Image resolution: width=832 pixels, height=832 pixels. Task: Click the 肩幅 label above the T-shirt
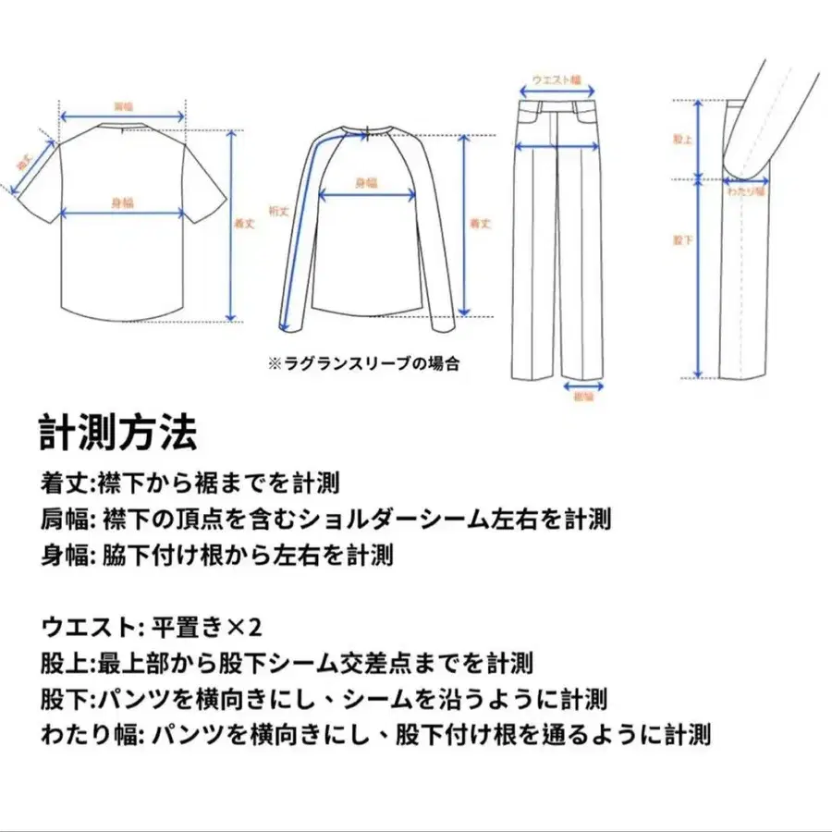coord(122,106)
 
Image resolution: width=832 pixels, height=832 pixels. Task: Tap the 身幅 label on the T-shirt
coord(122,202)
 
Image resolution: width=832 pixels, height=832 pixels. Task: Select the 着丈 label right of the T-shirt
coord(244,224)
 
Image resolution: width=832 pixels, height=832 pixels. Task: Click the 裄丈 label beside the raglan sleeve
coord(278,211)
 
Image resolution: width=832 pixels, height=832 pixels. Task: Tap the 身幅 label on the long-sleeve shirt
coord(367,183)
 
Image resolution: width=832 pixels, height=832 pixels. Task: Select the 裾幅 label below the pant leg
coord(583,397)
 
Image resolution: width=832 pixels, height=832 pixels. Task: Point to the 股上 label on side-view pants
coord(682,139)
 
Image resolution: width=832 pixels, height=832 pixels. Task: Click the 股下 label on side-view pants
coord(682,240)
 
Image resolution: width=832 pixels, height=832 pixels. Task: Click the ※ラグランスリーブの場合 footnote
coord(363,364)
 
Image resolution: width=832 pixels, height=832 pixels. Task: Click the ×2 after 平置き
coord(245,628)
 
